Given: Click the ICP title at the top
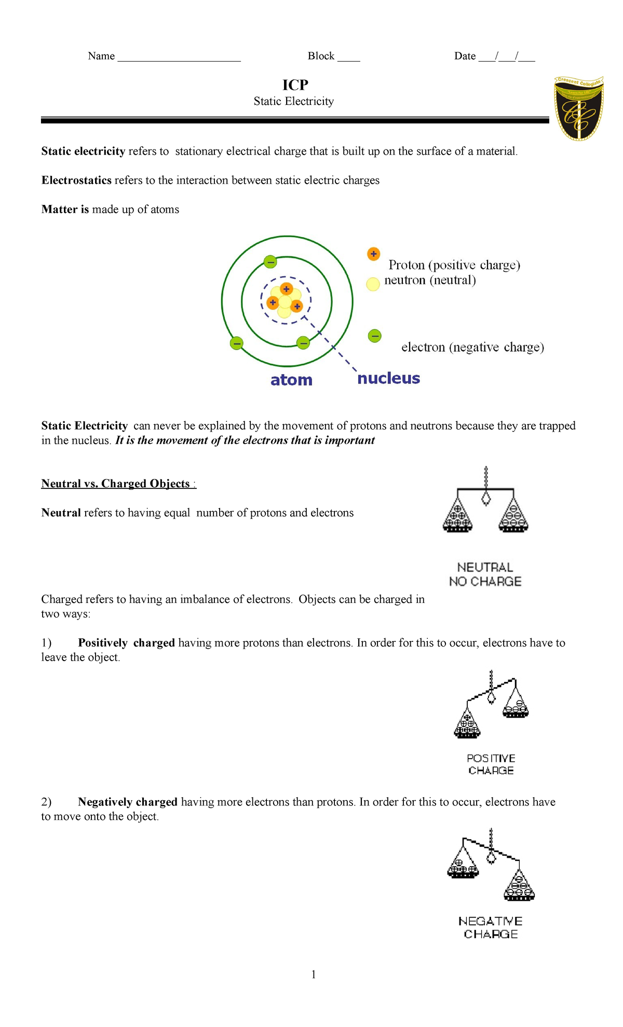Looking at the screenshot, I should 295,85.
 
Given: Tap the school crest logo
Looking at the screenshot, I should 578,108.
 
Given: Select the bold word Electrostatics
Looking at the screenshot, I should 76,180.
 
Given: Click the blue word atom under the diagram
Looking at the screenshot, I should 291,380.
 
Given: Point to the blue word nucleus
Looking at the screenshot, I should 388,378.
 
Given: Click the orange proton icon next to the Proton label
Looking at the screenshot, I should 373,254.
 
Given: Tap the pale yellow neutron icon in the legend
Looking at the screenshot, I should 373,284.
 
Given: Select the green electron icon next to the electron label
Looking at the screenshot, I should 374,336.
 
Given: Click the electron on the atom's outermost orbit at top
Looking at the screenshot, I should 270,262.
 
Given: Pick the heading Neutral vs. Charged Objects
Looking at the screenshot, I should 116,484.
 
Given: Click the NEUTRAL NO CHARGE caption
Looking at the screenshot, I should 485,574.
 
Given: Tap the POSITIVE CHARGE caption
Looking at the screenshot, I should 491,764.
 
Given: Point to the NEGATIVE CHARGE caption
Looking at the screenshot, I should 491,927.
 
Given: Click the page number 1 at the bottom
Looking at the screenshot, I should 314,974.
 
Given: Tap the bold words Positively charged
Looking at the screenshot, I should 126,642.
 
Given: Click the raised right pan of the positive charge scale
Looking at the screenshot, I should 516,706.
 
